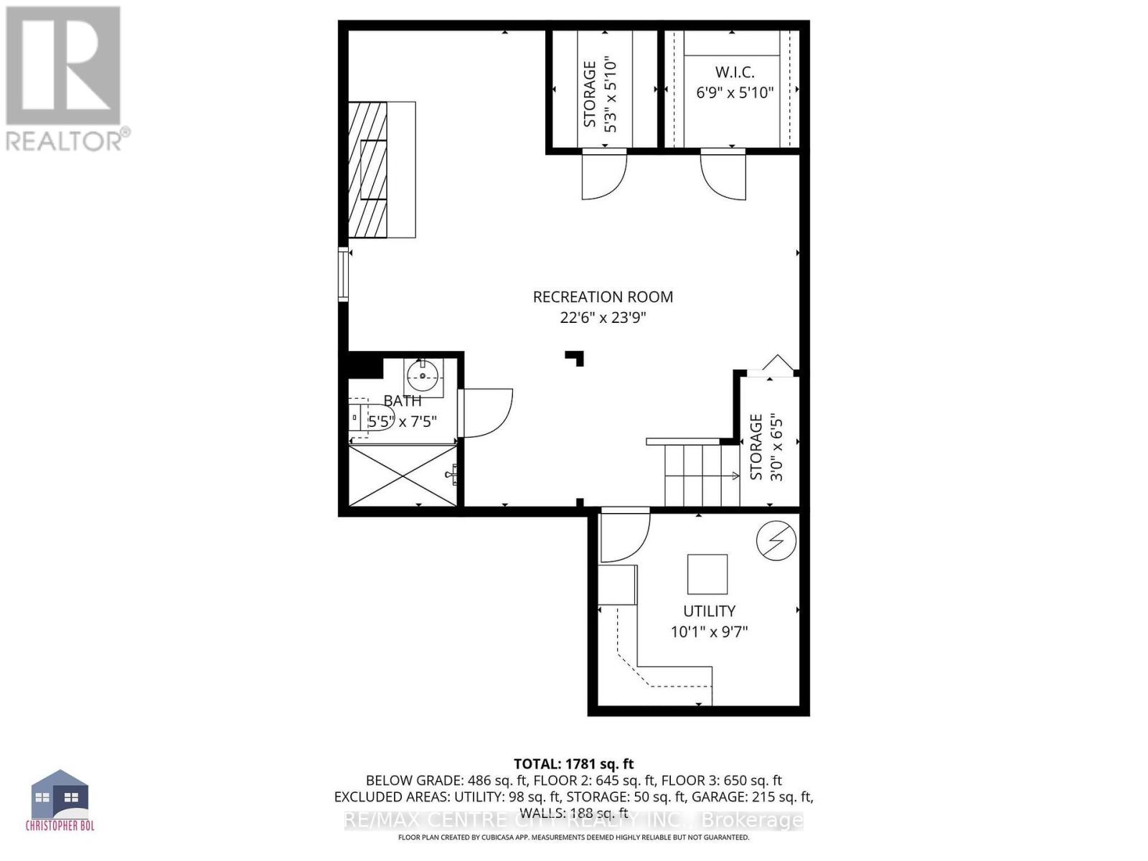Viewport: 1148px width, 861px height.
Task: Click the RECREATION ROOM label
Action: coord(603,296)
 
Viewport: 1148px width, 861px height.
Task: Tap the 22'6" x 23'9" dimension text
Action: coord(603,318)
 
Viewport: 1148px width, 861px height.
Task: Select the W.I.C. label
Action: coord(735,72)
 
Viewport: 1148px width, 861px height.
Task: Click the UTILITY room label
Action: coord(709,611)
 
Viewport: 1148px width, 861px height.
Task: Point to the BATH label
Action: coord(403,400)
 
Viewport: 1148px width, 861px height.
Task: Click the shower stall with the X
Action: coord(403,475)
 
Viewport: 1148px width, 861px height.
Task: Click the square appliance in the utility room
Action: coord(707,574)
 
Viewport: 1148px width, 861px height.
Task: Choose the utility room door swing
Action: coord(624,535)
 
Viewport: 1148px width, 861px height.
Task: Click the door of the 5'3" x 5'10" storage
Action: coord(603,174)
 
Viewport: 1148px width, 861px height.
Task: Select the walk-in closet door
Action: coord(723,174)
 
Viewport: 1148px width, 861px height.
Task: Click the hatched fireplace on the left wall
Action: coord(368,170)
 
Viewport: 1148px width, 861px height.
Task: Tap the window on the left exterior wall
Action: coord(344,273)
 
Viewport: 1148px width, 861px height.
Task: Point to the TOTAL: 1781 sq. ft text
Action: coord(573,764)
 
